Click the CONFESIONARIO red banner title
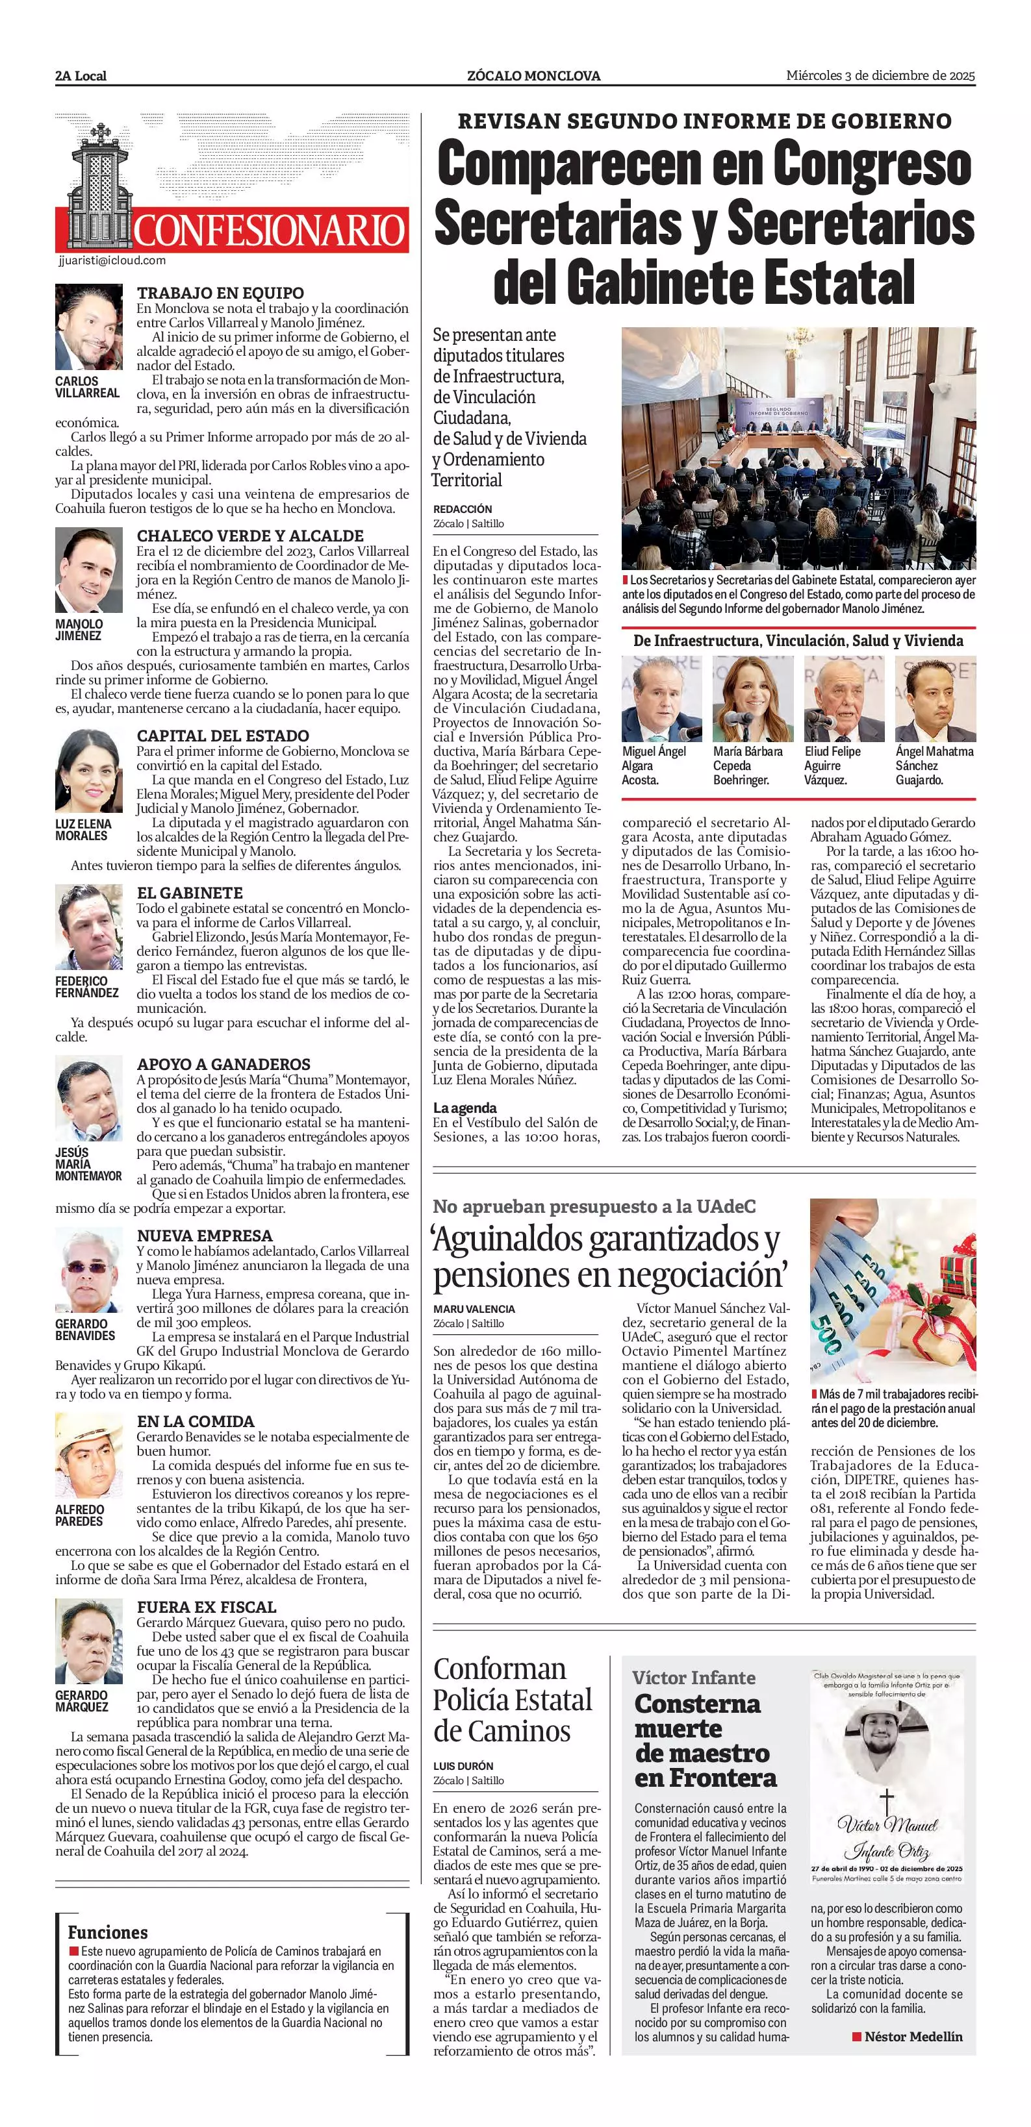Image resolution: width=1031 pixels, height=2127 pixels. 270,230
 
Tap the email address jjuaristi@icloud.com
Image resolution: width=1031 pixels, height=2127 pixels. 112,261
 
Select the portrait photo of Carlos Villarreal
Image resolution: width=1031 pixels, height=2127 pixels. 89,328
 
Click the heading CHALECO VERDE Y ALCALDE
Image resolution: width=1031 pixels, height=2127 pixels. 249,536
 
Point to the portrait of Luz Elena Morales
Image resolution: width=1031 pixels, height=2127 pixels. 89,771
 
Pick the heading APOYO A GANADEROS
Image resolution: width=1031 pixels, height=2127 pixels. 223,1064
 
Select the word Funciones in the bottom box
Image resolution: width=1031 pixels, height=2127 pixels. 107,1932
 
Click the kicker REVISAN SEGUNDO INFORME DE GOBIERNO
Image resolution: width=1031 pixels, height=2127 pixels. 704,121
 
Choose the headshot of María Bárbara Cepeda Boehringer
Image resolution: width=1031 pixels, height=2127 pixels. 752,699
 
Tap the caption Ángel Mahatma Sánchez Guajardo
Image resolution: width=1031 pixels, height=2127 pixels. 934,765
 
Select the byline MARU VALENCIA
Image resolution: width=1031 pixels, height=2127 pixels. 474,1309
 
